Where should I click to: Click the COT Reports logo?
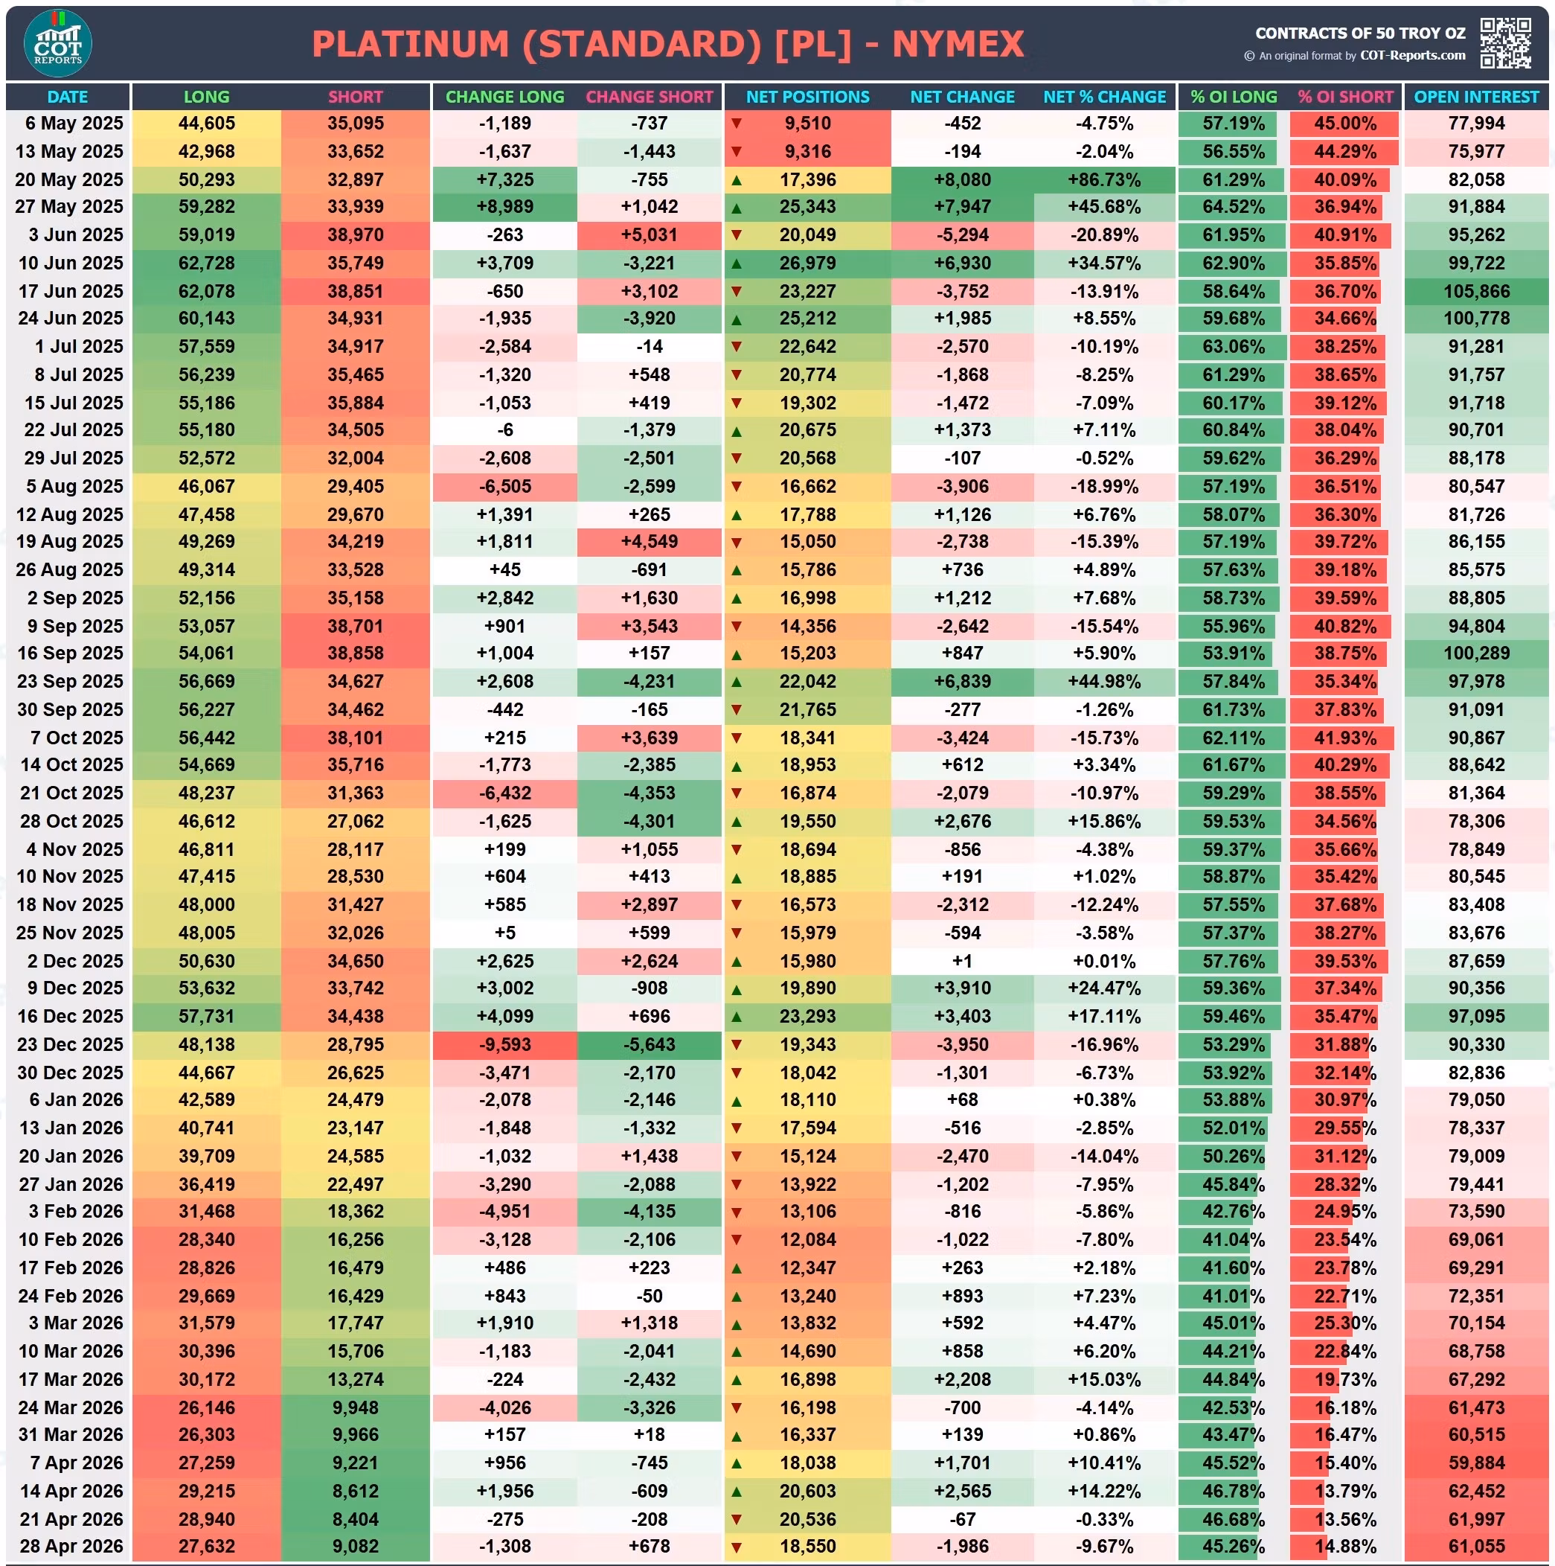[57, 43]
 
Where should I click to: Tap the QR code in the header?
[1506, 43]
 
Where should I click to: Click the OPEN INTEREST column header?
[1475, 98]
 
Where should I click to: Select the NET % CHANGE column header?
[1104, 98]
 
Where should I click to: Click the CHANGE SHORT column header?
[649, 98]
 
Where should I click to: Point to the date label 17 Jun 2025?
[71, 291]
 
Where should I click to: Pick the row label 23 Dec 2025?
[70, 1044]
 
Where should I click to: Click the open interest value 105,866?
[1476, 291]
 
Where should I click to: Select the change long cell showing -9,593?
[505, 1044]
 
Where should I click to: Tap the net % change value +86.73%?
[1104, 180]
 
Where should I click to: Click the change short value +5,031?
[649, 235]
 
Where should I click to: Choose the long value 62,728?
[207, 263]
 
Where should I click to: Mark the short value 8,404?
[356, 1519]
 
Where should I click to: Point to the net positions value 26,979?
[808, 263]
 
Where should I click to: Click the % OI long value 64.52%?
[1234, 207]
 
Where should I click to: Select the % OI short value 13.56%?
[1345, 1519]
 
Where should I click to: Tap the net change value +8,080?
[963, 180]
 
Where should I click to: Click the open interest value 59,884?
[1476, 1463]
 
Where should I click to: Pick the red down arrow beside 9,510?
[737, 124]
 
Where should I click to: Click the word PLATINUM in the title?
[411, 44]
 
